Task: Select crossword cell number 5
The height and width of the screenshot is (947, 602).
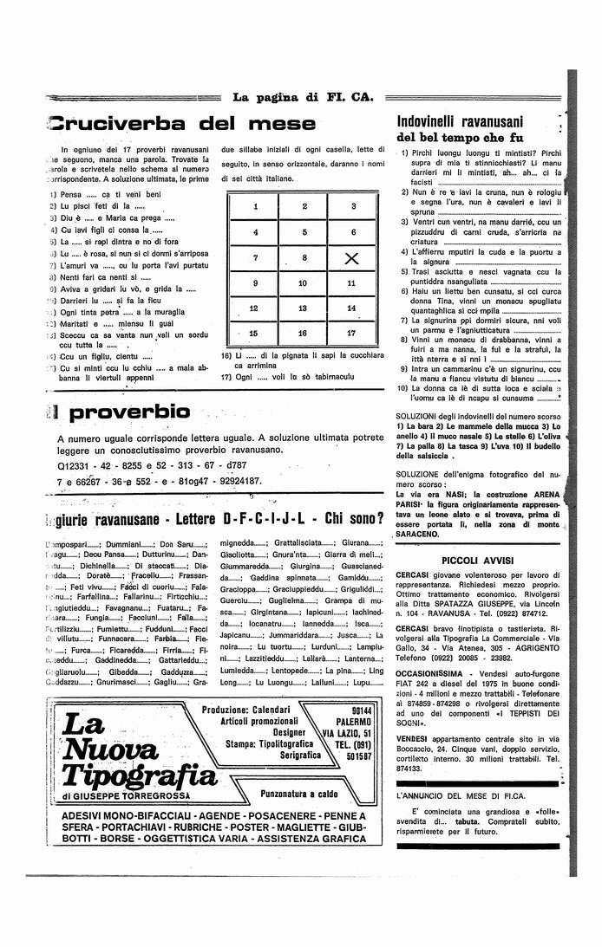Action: pyautogui.click(x=304, y=232)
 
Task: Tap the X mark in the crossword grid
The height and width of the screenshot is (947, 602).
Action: pyautogui.click(x=351, y=258)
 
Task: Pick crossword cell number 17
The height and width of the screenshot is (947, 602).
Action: pyautogui.click(x=351, y=333)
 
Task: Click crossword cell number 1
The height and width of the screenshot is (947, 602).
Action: pyautogui.click(x=256, y=207)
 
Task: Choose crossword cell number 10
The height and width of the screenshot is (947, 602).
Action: pyautogui.click(x=304, y=283)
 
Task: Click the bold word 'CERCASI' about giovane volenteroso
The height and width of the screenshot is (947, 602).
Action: pyautogui.click(x=415, y=576)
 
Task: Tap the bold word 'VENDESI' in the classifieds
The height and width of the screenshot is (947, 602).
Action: pyautogui.click(x=415, y=736)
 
